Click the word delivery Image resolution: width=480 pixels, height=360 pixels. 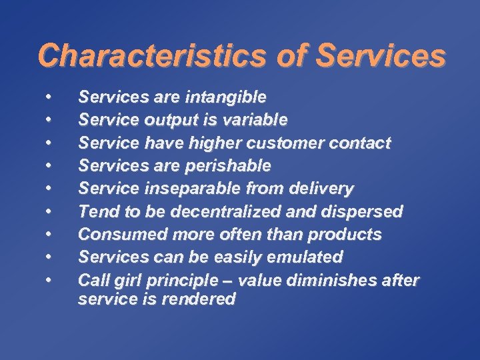325,189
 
